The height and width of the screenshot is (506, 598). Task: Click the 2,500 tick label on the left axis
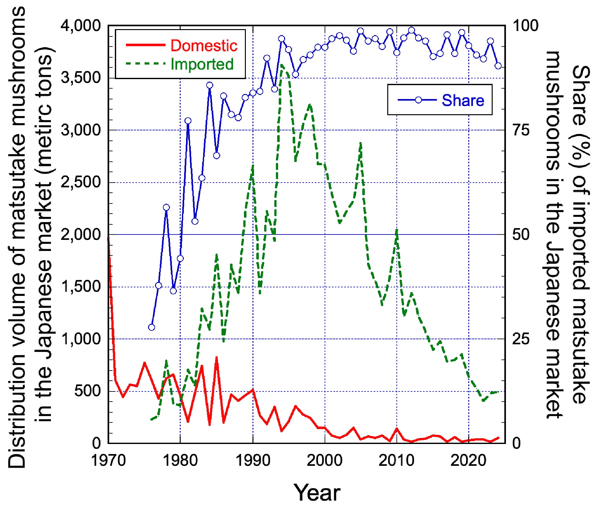point(81,182)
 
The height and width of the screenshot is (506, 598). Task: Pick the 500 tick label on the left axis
point(87,391)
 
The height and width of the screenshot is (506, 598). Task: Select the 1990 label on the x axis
point(253,460)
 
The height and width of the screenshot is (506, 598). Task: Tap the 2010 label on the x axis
point(396,460)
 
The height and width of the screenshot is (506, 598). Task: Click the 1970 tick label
point(109,460)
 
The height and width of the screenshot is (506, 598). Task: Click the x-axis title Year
point(317,493)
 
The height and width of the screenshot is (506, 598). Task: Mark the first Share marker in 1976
point(152,327)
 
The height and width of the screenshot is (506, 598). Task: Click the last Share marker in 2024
point(498,66)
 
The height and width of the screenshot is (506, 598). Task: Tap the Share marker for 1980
point(180,259)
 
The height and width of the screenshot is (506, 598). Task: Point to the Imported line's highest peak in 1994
point(281,65)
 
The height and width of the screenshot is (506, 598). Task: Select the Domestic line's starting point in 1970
point(109,237)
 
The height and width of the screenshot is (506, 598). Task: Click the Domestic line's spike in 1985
point(216,357)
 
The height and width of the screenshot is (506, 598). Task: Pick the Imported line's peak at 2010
point(397,230)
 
